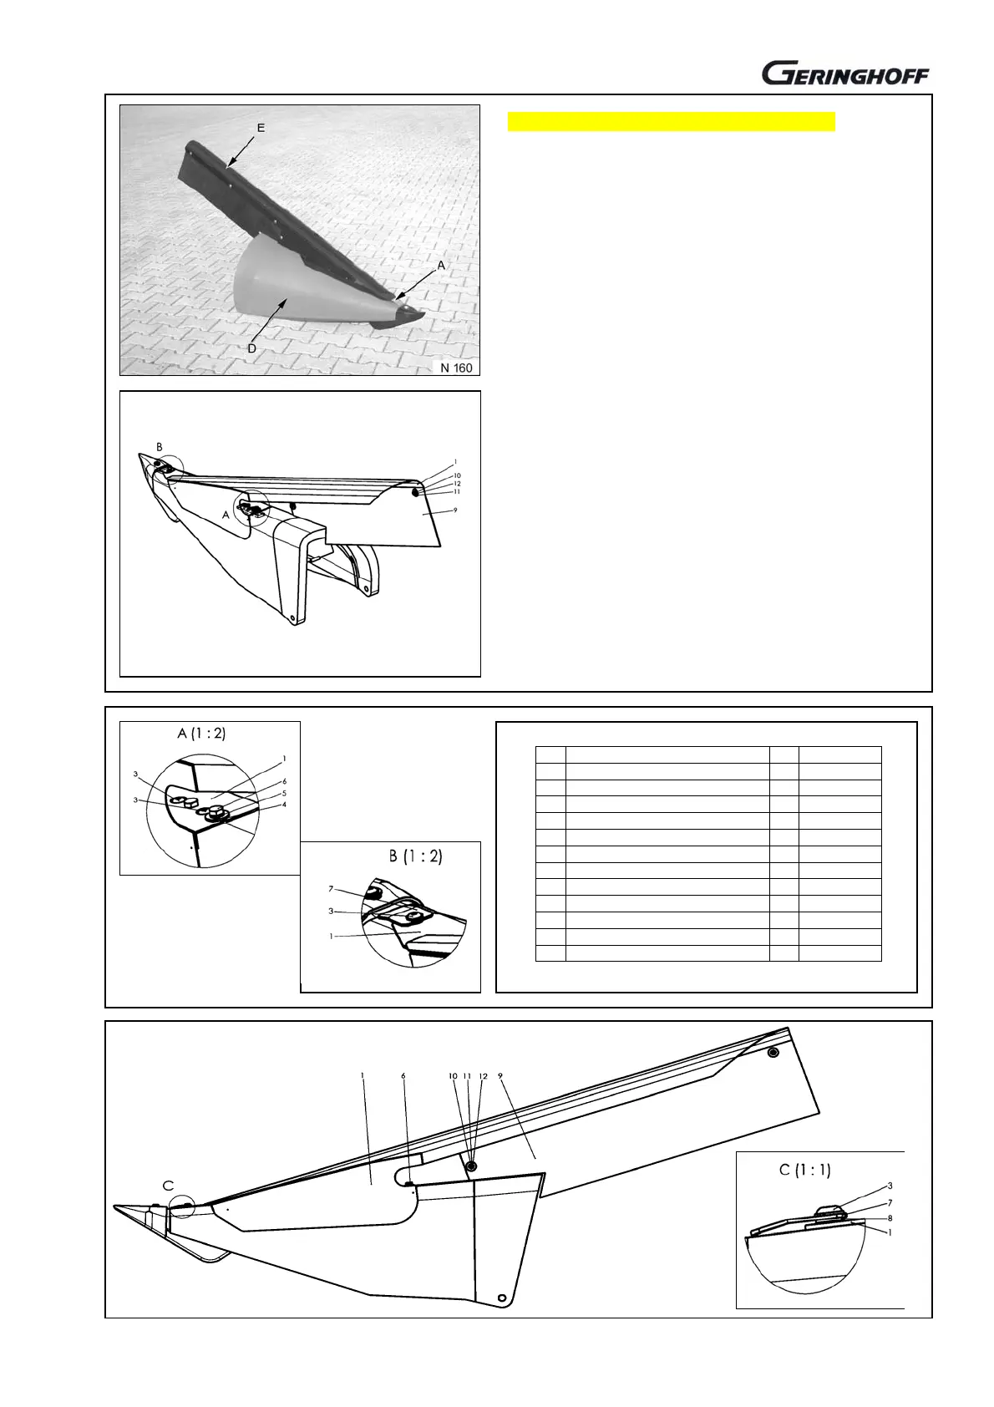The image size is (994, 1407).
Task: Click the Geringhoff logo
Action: coord(844,74)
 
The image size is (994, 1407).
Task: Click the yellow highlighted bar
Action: coord(672,122)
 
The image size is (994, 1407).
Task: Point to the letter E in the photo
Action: coord(261,128)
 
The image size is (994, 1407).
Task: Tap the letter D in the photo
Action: coord(252,348)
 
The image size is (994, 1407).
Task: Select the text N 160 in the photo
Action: coord(456,367)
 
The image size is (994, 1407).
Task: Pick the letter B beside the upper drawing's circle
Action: coord(159,448)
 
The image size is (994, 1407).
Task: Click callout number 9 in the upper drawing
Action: coord(455,510)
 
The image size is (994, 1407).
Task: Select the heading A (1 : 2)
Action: coord(201,734)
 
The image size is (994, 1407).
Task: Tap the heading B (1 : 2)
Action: coord(415,856)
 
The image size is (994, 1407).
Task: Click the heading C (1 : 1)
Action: coord(804,1170)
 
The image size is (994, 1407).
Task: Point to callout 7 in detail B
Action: coord(331,889)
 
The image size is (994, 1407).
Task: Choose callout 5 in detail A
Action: coord(284,793)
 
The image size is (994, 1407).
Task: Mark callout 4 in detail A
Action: coord(284,805)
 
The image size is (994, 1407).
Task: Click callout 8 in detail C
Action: coord(890,1218)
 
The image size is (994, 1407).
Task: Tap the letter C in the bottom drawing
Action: coord(169,1185)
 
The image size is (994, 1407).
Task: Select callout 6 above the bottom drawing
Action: coord(403,1076)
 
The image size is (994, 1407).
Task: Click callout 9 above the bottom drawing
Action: coord(500,1076)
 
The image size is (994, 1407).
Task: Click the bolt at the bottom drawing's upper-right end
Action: coord(773,1052)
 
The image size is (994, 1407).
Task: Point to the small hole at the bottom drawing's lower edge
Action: coord(500,1298)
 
